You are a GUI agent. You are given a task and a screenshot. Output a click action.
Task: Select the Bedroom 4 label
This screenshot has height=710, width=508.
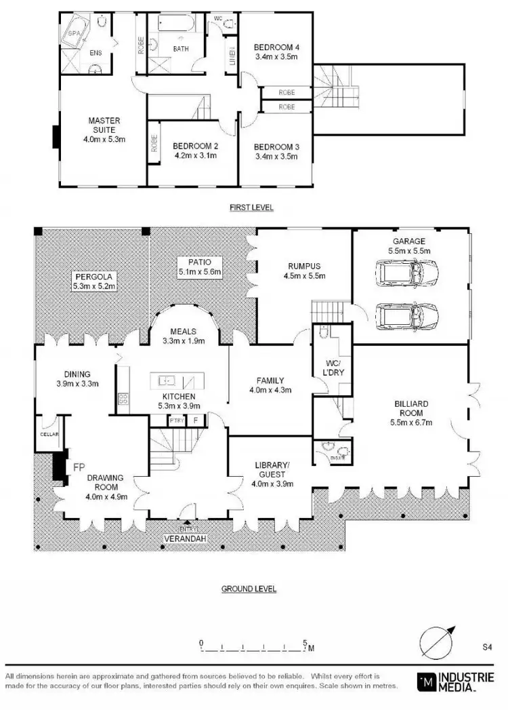pos(276,47)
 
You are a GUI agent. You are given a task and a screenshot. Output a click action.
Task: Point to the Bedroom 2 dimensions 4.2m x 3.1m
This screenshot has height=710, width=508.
pos(194,155)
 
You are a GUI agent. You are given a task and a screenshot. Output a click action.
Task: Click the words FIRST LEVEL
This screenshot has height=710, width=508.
pos(251,208)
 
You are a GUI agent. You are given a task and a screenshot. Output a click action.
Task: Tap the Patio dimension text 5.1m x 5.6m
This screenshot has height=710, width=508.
pos(199,272)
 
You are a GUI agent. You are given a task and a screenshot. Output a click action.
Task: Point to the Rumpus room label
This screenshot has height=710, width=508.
pos(303,266)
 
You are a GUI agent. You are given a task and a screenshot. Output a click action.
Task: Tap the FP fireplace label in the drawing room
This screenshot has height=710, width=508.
pos(79,467)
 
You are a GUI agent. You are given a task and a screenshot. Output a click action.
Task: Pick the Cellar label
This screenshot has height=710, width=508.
pos(49,434)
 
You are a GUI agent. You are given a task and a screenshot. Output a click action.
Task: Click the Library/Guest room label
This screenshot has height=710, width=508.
pos(272,465)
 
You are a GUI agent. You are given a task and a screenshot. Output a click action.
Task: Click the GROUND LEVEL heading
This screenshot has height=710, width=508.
pos(249,589)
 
